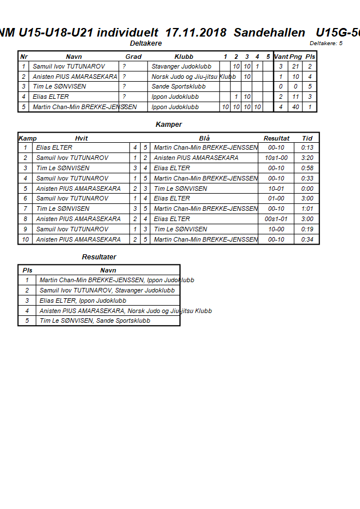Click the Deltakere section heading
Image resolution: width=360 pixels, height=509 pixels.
coord(146,43)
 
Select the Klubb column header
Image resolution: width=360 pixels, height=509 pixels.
coord(183,57)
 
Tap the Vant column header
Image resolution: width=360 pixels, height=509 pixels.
coord(281,57)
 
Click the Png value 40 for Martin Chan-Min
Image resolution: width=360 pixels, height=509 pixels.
coord(295,107)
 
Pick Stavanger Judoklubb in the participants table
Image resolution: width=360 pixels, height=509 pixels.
coord(181,67)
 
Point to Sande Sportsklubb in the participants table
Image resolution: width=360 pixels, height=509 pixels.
coord(178,87)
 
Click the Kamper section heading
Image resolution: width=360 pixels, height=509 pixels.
coord(169,125)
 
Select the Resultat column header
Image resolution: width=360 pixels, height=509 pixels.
coord(277,138)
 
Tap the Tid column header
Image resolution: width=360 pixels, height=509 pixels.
coord(307,138)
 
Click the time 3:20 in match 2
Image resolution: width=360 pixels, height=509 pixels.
coord(307,158)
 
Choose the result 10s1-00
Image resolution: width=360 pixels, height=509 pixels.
coord(277,158)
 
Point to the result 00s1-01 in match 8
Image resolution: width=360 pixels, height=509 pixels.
coord(277,219)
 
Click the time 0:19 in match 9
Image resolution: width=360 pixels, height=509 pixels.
coord(307,229)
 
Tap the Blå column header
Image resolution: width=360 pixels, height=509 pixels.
coord(205,138)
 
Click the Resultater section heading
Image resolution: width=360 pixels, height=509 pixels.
coord(99,257)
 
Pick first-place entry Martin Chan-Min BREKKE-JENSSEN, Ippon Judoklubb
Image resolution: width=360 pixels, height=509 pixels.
coord(117,280)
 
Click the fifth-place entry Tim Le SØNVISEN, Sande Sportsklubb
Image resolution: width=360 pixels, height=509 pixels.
coord(95,321)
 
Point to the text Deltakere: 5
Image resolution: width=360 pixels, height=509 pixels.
coord(326,43)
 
